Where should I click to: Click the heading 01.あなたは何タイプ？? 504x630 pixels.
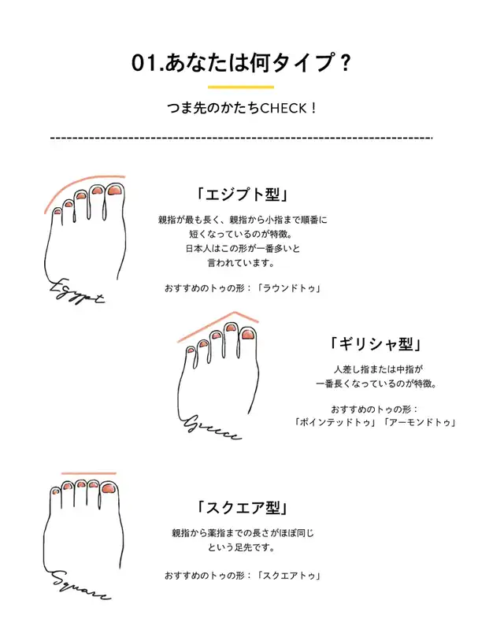[241, 64]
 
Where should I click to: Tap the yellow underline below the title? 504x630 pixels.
[241, 87]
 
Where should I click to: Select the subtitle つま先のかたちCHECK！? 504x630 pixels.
[242, 108]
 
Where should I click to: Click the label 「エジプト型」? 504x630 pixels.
[242, 195]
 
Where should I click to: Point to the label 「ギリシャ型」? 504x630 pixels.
[376, 344]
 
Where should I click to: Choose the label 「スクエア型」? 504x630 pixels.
[243, 508]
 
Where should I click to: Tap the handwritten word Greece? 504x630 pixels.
[212, 428]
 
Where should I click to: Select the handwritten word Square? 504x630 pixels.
[80, 585]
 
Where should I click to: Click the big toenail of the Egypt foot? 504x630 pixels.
[115, 191]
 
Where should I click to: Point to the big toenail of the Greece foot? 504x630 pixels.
[247, 335]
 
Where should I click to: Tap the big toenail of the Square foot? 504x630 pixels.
[108, 488]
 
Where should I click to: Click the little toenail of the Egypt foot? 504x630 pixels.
[57, 211]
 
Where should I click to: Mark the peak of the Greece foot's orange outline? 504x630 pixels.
[235, 312]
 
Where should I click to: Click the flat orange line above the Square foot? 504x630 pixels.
[89, 473]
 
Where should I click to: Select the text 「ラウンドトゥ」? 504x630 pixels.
[289, 288]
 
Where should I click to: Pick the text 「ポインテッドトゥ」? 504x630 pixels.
[335, 422]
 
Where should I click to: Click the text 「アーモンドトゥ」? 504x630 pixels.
[420, 422]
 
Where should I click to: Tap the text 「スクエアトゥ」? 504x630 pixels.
[289, 576]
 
